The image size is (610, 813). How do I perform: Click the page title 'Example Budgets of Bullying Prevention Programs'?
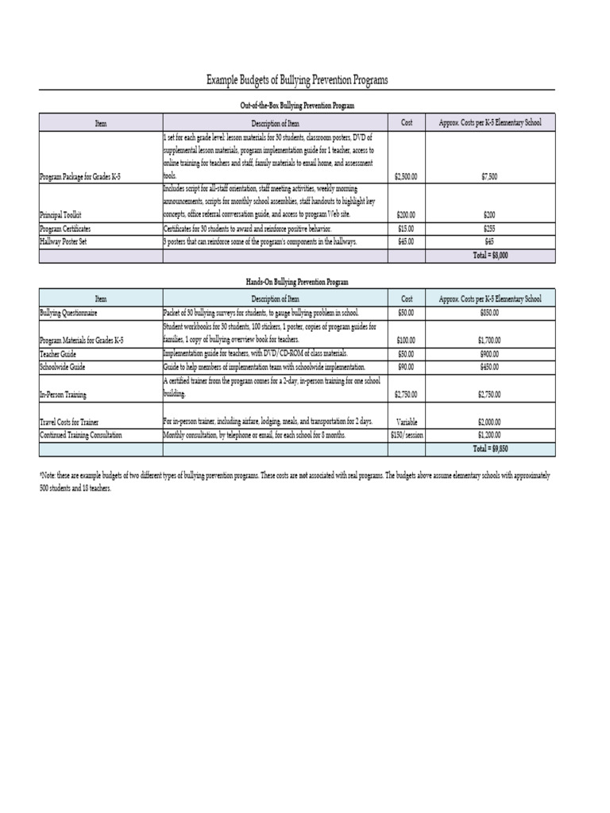[297, 81]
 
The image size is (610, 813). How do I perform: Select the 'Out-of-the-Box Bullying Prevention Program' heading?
[297, 105]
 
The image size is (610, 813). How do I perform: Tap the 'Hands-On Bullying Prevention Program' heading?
[297, 281]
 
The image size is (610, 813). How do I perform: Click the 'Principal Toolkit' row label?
[60, 215]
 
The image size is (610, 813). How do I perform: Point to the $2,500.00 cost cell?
[406, 176]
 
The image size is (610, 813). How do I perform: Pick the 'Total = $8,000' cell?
[490, 256]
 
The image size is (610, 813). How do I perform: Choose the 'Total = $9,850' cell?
[490, 449]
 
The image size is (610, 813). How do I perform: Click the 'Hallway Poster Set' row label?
[63, 241]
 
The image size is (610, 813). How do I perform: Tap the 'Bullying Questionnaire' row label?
[68, 314]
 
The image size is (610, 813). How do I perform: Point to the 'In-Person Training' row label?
[64, 394]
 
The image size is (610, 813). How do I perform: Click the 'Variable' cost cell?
[406, 422]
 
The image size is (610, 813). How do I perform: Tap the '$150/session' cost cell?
[406, 436]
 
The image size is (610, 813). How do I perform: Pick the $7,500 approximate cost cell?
[490, 176]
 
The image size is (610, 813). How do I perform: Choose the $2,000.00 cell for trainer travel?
[490, 422]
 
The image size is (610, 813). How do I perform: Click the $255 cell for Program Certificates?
[490, 229]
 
